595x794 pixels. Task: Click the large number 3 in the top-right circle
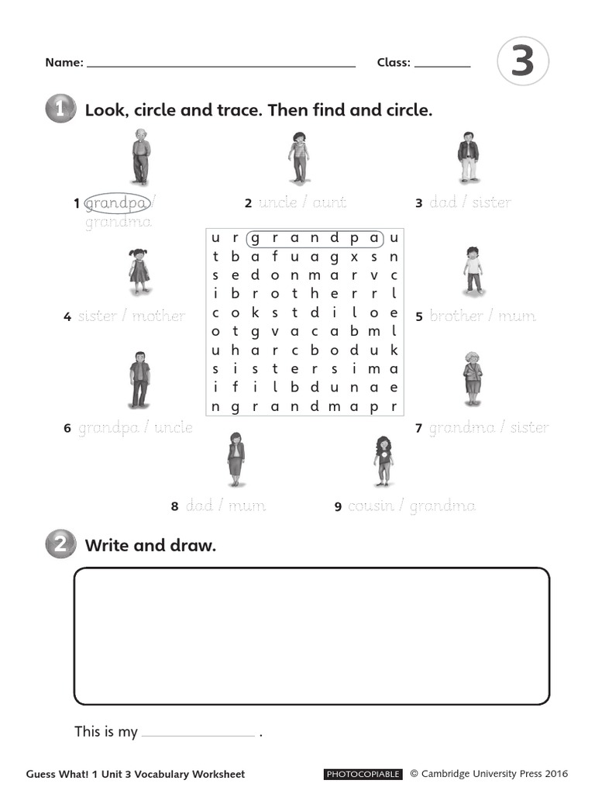pos(523,63)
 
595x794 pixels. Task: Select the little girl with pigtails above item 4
pos(139,271)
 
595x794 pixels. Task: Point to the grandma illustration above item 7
pos(472,378)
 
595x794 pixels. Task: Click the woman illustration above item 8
pos(236,459)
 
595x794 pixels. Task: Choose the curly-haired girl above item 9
pos(383,460)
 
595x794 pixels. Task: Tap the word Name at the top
pos(63,63)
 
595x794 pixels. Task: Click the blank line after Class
pos(442,67)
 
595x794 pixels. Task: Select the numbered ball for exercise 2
pos(60,545)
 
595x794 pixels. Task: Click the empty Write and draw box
pos(311,636)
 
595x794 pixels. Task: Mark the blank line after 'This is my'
pos(198,734)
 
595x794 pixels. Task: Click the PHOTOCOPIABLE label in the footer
pos(363,774)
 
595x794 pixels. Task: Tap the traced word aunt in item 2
pos(329,203)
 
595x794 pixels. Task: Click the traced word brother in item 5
pos(456,316)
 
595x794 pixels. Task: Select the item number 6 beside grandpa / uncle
pos(67,428)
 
